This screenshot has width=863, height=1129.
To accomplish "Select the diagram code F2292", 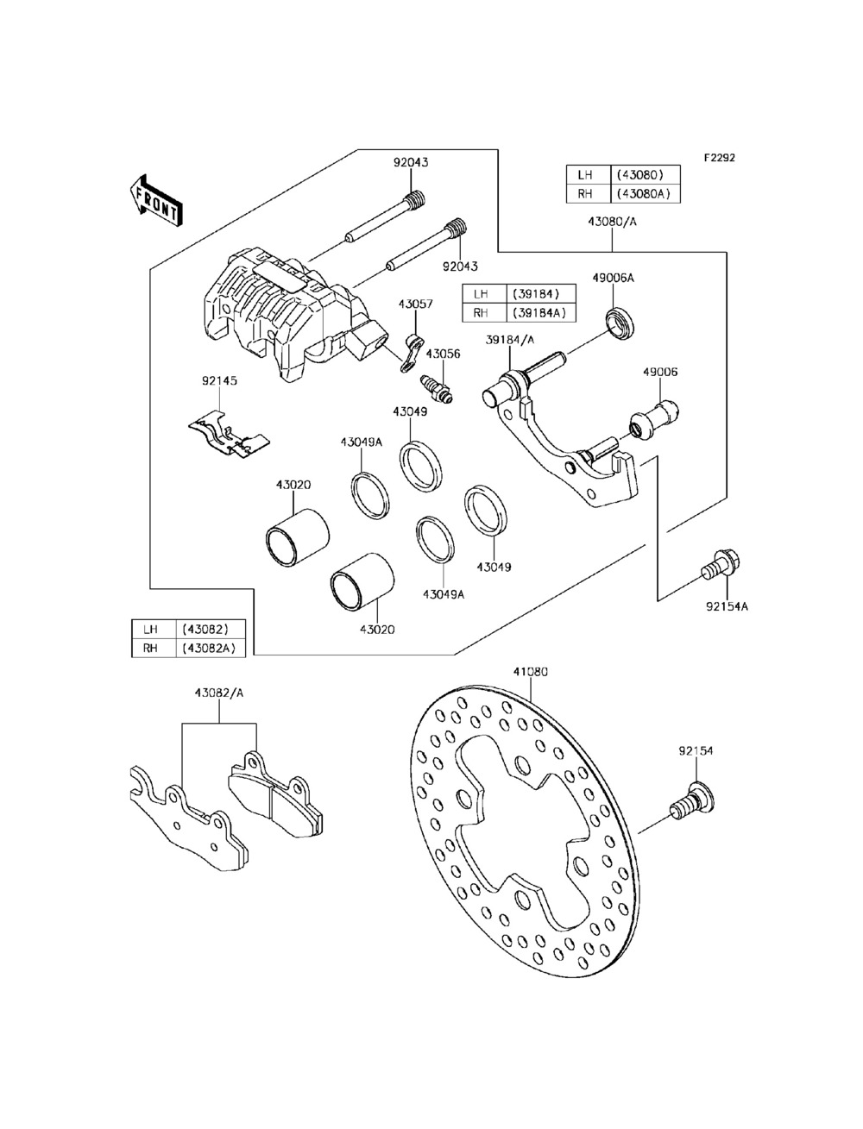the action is point(720,157).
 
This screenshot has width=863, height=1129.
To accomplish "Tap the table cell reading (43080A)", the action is point(645,194).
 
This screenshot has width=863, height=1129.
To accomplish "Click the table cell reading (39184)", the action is point(540,294).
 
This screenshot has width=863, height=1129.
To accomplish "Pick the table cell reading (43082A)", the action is point(211,648).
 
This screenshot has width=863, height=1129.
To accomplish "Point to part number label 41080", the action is point(531,672).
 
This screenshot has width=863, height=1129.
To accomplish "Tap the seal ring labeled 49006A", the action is point(620,323).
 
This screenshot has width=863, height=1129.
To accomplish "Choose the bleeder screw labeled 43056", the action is point(437,390).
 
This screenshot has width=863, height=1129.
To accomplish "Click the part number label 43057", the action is point(415,304).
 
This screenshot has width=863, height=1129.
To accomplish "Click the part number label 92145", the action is point(219,381).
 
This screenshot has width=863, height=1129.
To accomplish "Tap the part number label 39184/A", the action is point(510,340).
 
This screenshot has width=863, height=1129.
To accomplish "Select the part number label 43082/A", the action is point(219,693).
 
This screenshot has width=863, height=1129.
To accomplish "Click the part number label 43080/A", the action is point(613,222).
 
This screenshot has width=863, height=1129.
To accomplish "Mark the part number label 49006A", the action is point(614,279).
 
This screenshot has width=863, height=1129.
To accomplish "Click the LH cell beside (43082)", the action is point(154,629).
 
